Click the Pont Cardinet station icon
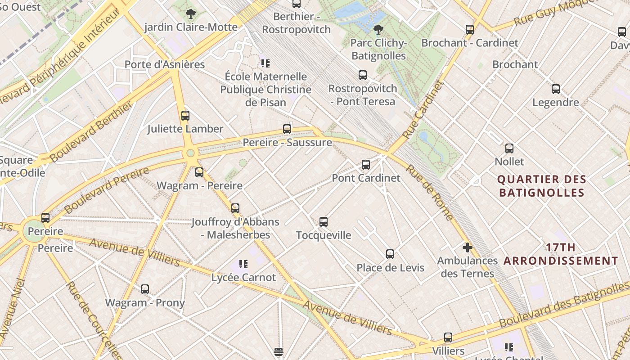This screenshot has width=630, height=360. coord(366,165)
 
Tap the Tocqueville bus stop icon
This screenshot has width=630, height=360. coord(324,221)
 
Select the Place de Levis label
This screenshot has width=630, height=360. coord(390,268)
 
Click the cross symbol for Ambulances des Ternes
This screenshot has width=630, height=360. coord(468,247)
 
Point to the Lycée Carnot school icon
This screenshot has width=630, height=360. coord(243,264)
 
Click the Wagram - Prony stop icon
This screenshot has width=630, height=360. coord(145,289)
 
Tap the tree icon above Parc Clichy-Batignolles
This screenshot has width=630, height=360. coord(378,30)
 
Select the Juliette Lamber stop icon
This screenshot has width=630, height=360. coord(185,115)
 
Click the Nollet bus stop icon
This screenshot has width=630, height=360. coord(509,148)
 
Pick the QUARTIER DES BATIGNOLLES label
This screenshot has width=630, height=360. coord(541,186)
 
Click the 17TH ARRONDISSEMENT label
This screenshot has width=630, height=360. coord(561,254)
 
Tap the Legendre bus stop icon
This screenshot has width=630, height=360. coord(556,89)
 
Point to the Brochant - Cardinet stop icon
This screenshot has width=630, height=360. coord(470,30)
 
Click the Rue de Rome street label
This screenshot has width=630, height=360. coord(430,193)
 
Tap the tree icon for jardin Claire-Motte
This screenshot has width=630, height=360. coord(191,13)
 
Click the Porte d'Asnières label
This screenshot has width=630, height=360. coord(165,64)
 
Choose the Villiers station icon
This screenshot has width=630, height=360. coord(448,337)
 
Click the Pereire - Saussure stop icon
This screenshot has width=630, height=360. coord(287,129)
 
